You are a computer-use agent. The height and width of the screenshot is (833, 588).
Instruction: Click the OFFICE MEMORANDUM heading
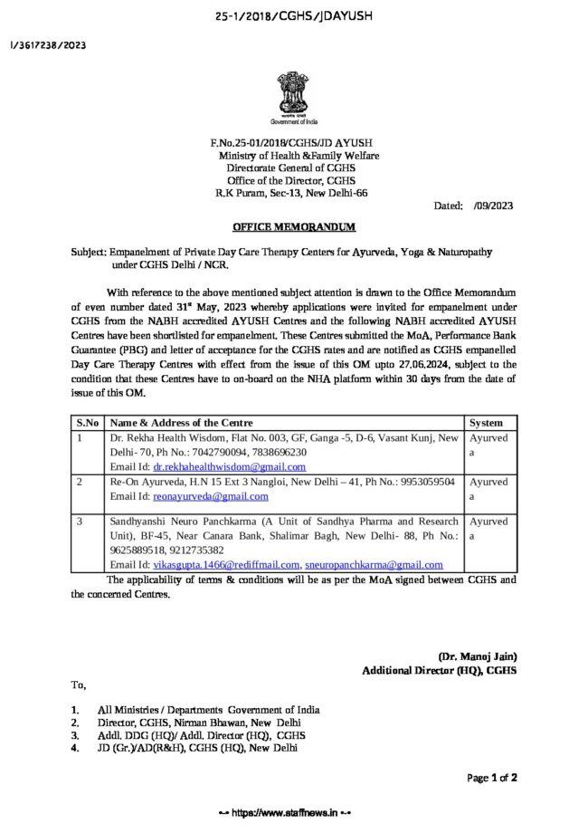point(295,225)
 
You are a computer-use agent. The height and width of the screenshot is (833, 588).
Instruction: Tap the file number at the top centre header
point(294,16)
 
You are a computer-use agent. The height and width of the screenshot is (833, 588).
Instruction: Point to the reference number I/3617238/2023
point(48,45)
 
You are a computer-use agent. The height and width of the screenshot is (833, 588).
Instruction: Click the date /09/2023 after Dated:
point(493,206)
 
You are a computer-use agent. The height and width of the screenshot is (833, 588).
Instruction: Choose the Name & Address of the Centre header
point(182,423)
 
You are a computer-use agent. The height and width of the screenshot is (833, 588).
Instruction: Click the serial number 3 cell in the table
point(81,522)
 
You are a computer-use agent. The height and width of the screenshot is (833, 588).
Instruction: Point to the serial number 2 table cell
point(81,483)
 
